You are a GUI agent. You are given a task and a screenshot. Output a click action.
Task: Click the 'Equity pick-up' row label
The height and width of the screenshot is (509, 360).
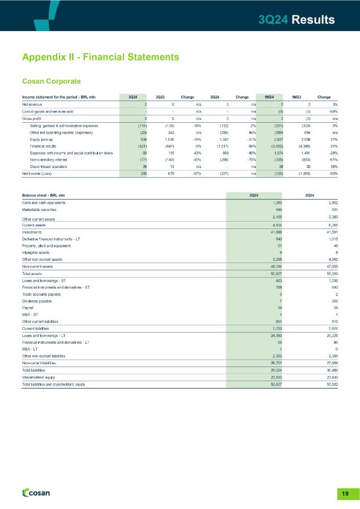[42, 139]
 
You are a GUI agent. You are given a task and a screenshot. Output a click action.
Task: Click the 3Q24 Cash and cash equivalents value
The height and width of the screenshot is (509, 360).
[277, 202]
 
